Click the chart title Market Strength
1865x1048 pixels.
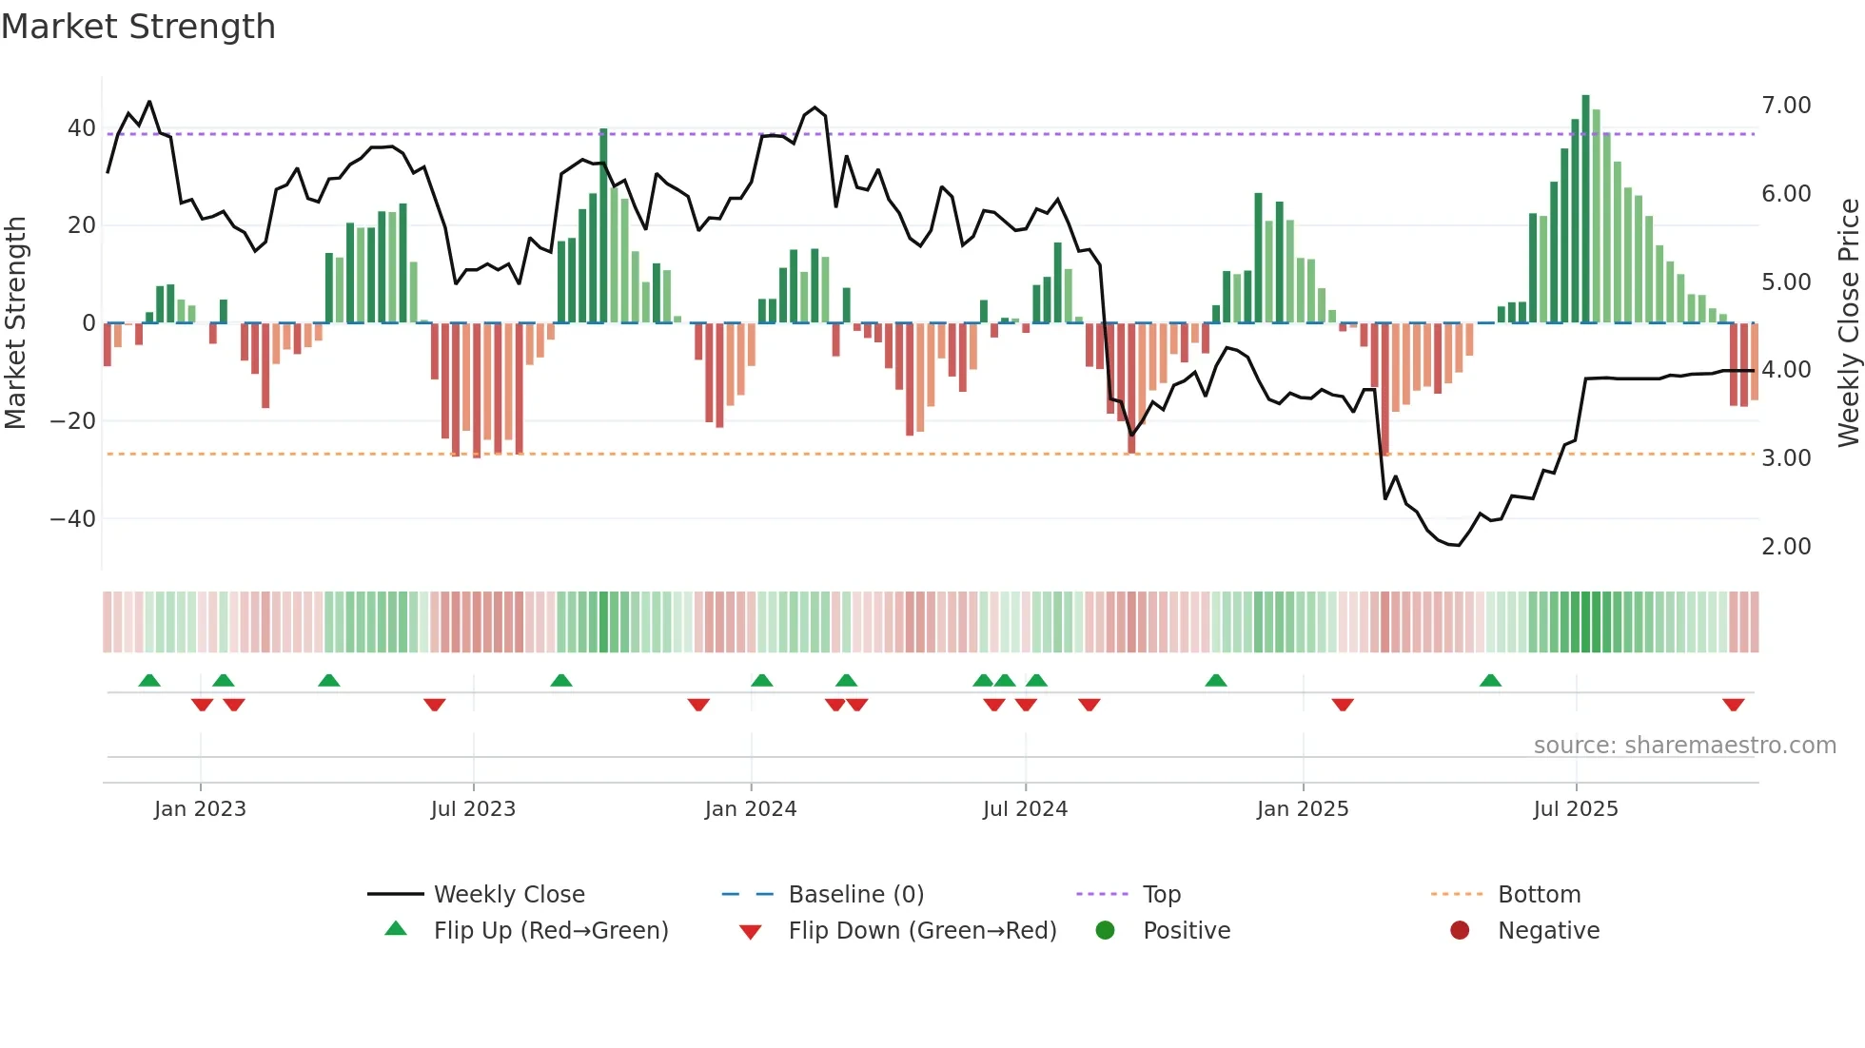138,27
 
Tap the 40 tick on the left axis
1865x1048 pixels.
81,128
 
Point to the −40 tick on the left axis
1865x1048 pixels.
73,519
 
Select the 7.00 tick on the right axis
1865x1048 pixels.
1786,106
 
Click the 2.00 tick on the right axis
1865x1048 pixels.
1786,547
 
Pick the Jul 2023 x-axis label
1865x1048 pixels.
473,809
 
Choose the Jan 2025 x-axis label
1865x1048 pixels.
1303,809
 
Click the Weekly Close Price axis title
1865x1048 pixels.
1848,323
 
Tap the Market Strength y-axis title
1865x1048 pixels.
15,323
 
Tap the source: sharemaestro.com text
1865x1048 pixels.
1684,746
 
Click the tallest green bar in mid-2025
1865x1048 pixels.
1586,209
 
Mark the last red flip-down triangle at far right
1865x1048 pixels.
1733,705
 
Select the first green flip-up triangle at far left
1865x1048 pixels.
149,680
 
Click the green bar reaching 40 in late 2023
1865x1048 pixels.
603,226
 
